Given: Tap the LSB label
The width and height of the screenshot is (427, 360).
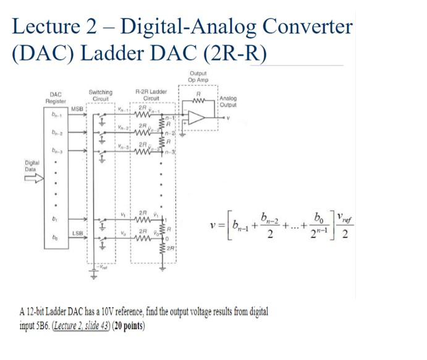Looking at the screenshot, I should point(77,233).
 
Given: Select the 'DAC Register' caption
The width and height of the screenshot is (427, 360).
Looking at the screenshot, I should point(55,96).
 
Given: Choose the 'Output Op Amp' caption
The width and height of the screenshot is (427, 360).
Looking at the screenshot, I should point(198,77).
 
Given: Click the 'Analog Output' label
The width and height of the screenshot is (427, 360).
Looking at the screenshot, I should point(228,101).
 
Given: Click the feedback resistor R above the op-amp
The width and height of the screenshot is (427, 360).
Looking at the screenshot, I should point(198,96).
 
